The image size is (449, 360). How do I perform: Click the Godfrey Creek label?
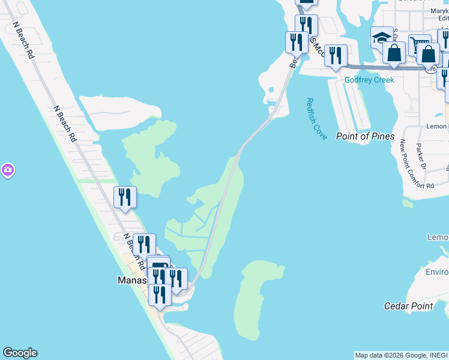click(369, 80)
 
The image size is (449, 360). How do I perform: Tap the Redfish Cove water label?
click(316, 119)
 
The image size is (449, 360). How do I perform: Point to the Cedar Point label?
click(408, 306)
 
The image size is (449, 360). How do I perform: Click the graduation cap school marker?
click(382, 39)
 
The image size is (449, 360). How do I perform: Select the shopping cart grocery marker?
click(419, 46)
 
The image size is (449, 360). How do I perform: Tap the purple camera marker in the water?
click(7, 170)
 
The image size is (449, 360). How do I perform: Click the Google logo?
click(20, 353)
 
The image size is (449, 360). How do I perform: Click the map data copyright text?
click(401, 355)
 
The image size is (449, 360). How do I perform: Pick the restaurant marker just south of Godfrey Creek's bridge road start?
click(336, 56)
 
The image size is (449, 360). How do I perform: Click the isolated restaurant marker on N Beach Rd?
click(125, 197)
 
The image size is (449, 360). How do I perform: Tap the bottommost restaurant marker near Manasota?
click(160, 295)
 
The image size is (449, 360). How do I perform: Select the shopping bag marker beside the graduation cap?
click(394, 53)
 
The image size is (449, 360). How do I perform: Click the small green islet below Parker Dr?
click(408, 203)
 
